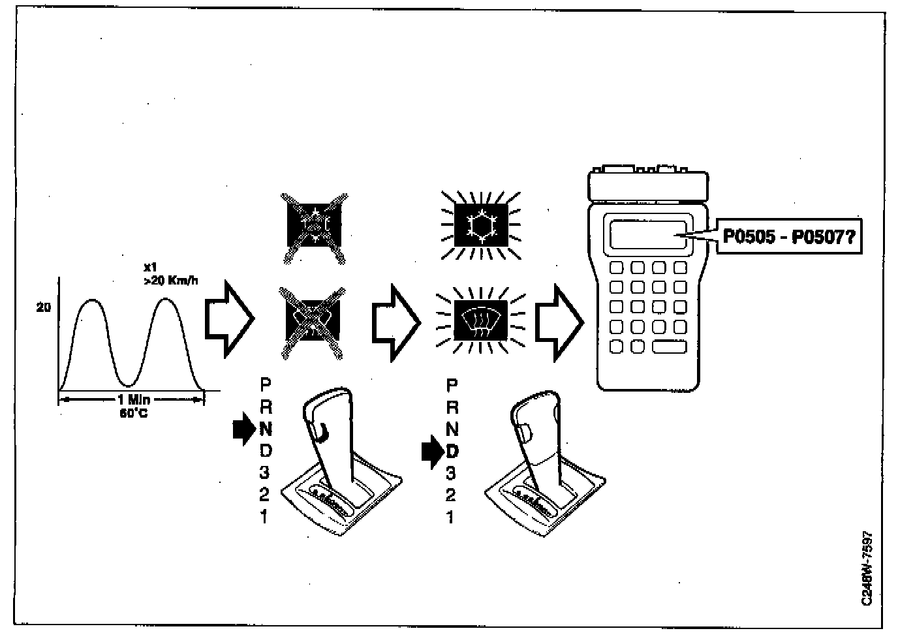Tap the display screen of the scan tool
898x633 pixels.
point(648,235)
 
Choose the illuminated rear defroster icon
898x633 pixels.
point(481,319)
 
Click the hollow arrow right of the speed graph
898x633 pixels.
point(229,319)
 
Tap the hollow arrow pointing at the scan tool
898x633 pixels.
point(559,322)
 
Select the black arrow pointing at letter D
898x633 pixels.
point(432,452)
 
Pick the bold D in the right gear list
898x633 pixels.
point(452,451)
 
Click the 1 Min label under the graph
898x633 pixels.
point(133,400)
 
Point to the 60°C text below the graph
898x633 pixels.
point(133,413)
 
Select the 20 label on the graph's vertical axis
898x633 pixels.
point(44,307)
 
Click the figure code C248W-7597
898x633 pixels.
point(867,567)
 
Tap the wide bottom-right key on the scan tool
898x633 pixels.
point(669,346)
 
